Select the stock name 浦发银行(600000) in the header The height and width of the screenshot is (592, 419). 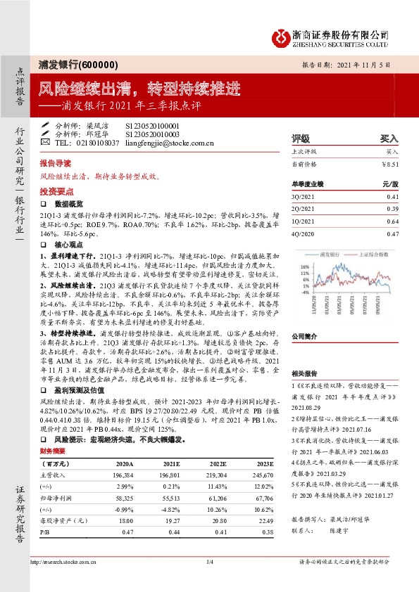[x=74, y=64]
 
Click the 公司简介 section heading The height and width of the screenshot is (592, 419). [x=304, y=316]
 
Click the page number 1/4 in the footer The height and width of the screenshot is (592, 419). [x=209, y=561]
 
